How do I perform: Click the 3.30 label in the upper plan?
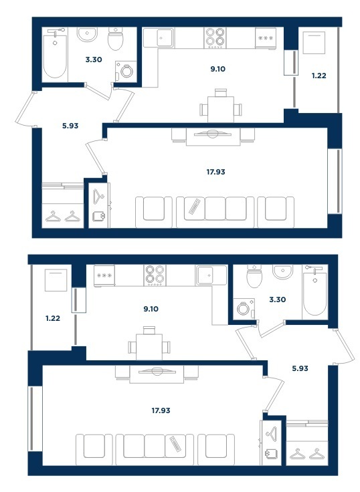click(x=94, y=59)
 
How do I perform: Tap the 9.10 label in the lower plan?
click(x=151, y=309)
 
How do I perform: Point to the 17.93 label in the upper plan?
click(x=216, y=172)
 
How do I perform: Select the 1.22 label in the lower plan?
click(x=53, y=318)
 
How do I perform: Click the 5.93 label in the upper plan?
click(x=70, y=126)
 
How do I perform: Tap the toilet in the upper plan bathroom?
click(x=116, y=39)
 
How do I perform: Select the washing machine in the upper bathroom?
click(x=126, y=71)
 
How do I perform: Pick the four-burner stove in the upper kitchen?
click(x=215, y=37)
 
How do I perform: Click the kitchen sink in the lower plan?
click(x=211, y=275)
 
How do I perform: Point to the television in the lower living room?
click(x=157, y=372)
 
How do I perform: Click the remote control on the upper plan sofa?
click(x=195, y=207)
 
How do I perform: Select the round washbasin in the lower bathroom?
click(x=283, y=271)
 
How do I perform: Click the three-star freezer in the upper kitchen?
click(x=266, y=38)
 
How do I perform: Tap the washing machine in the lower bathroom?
click(x=244, y=308)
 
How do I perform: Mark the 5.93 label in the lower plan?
click(x=300, y=368)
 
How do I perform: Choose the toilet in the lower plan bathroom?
click(x=255, y=276)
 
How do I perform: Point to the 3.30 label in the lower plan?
click(x=278, y=299)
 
